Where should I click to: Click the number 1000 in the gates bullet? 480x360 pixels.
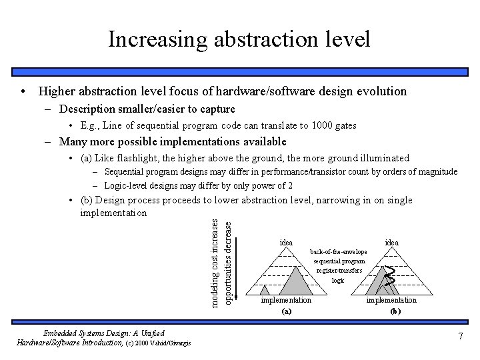(313, 125)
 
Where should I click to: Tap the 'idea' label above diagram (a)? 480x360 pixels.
(285, 243)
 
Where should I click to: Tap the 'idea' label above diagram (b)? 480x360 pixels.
(393, 243)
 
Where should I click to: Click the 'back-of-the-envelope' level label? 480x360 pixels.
(339, 252)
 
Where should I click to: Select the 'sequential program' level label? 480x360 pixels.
(339, 261)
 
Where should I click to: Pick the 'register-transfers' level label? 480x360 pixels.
(339, 271)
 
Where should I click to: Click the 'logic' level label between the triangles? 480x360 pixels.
(338, 281)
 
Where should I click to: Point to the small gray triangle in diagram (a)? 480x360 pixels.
(265, 291)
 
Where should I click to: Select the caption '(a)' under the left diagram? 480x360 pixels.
(286, 311)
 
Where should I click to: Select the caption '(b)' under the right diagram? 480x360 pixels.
(393, 311)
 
